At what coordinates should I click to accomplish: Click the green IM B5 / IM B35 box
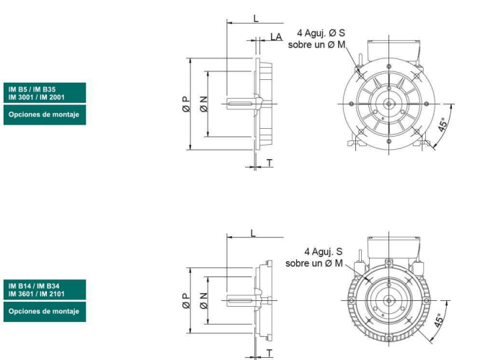[x=45, y=93]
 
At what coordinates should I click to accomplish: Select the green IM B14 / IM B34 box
[x=45, y=289]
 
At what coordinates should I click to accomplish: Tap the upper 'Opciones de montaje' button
[x=45, y=114]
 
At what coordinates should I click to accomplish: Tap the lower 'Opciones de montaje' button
[x=45, y=311]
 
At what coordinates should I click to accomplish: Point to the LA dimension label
[x=276, y=37]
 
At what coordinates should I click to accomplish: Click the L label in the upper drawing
[x=256, y=18]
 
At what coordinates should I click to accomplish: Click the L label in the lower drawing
[x=253, y=233]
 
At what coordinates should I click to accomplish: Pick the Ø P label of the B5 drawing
[x=186, y=104]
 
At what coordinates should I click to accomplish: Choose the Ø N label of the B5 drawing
[x=203, y=104]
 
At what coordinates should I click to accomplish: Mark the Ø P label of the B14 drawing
[x=186, y=301]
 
